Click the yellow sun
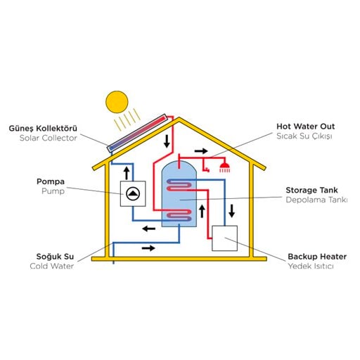click(x=117, y=102)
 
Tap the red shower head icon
click(x=224, y=167)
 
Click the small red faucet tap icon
click(x=207, y=169)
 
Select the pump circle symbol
click(x=133, y=194)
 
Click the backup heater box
click(x=224, y=238)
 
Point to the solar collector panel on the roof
click(x=137, y=133)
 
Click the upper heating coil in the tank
click(x=179, y=185)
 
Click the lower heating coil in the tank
click(x=179, y=215)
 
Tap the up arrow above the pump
click(x=127, y=174)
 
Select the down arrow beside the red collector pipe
click(x=167, y=141)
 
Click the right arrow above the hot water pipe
click(x=201, y=151)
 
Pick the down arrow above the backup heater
click(x=232, y=211)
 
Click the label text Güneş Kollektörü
click(x=43, y=129)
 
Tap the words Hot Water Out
click(x=306, y=127)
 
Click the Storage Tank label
click(x=311, y=190)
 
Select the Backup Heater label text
click(x=317, y=257)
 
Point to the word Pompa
click(x=51, y=181)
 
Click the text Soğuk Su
click(x=55, y=257)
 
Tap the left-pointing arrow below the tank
click(x=149, y=229)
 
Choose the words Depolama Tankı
click(x=316, y=200)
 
